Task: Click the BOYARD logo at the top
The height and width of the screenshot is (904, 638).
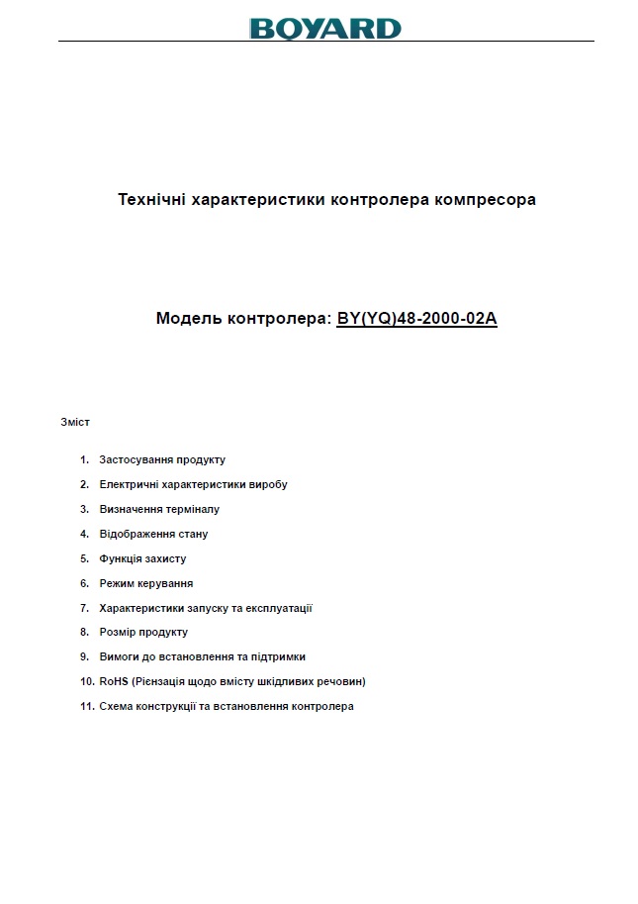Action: point(325,28)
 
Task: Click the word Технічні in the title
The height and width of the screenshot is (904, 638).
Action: point(151,199)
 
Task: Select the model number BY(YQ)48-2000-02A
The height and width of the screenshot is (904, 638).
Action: point(416,319)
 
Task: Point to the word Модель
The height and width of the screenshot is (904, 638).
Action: point(189,319)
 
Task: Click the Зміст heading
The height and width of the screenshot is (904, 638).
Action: point(75,422)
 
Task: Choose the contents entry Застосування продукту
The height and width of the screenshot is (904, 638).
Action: point(162,459)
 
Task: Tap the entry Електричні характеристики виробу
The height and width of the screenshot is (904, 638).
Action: point(193,484)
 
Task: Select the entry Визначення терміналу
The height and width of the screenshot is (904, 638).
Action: point(159,509)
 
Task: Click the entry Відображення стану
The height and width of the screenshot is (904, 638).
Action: point(153,534)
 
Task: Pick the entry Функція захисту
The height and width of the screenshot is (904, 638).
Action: point(142,558)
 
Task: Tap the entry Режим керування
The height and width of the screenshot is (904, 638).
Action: point(145,583)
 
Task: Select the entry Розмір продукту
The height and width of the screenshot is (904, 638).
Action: point(143,632)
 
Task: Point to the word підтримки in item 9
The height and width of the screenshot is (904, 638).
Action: point(279,656)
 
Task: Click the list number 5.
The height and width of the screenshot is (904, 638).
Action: point(85,558)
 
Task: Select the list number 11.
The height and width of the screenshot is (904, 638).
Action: point(87,706)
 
